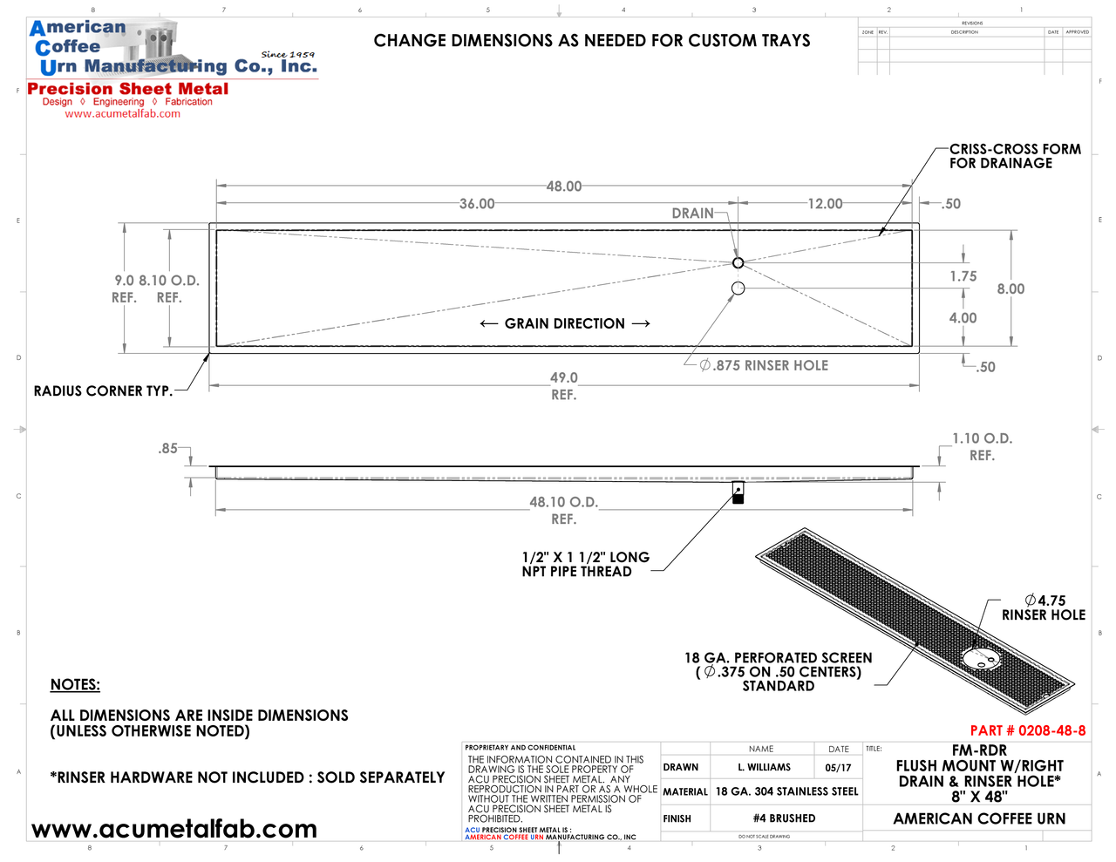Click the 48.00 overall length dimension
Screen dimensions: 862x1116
tap(564, 187)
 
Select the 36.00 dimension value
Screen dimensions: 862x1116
tap(477, 204)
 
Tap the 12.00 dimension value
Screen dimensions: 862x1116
tap(825, 204)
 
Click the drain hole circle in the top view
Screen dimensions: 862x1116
tap(738, 262)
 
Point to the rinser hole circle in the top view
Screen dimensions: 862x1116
tap(738, 288)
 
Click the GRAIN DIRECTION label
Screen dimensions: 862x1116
tap(564, 323)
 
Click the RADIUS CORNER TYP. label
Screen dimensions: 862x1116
tap(103, 391)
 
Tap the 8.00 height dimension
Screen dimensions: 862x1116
tap(1011, 288)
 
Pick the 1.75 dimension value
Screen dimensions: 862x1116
tap(963, 276)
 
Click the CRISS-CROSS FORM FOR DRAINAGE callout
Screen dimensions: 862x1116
tap(1015, 156)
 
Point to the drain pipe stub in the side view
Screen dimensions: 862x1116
tap(738, 493)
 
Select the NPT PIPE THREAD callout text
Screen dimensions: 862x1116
tap(585, 564)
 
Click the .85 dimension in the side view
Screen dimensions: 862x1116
tap(167, 449)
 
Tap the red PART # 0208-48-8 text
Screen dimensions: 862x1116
tap(1028, 730)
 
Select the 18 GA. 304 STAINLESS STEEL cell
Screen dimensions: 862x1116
tap(786, 791)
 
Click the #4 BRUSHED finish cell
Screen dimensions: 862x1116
tap(784, 818)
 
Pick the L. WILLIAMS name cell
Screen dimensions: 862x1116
tap(764, 767)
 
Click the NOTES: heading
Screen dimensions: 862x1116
tap(75, 685)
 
